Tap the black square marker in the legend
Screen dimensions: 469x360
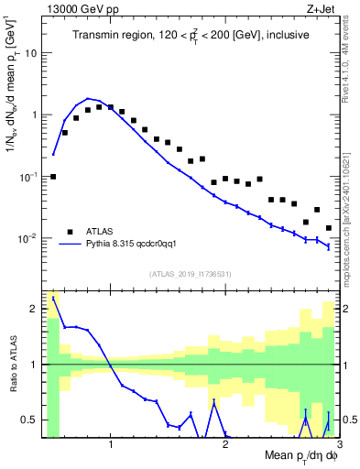pos(70,232)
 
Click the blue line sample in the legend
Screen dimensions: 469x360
pos(70,245)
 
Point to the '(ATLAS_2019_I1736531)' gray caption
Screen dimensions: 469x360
pos(191,273)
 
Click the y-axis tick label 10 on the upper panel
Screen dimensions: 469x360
pos(31,53)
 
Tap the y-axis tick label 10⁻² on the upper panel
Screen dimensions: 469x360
pos(28,239)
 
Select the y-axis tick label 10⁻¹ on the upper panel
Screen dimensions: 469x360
pos(28,177)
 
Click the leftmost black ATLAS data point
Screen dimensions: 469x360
pos(53,176)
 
